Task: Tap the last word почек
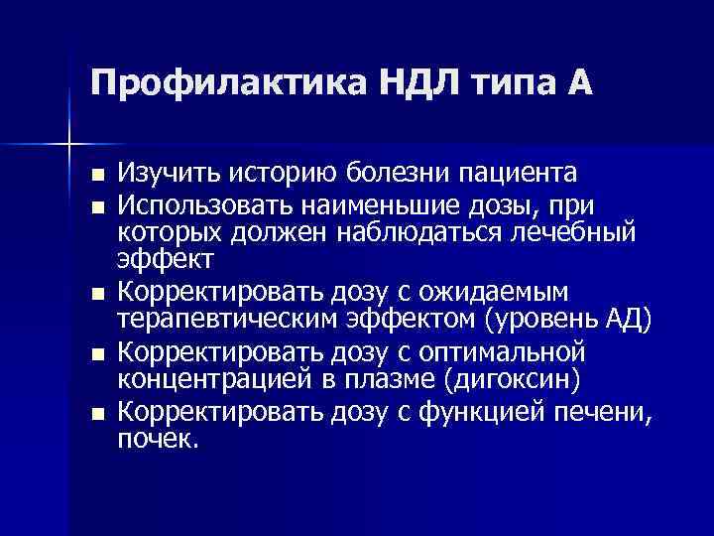click(159, 440)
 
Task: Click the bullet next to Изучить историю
click(95, 176)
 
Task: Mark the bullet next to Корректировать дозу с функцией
click(95, 413)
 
